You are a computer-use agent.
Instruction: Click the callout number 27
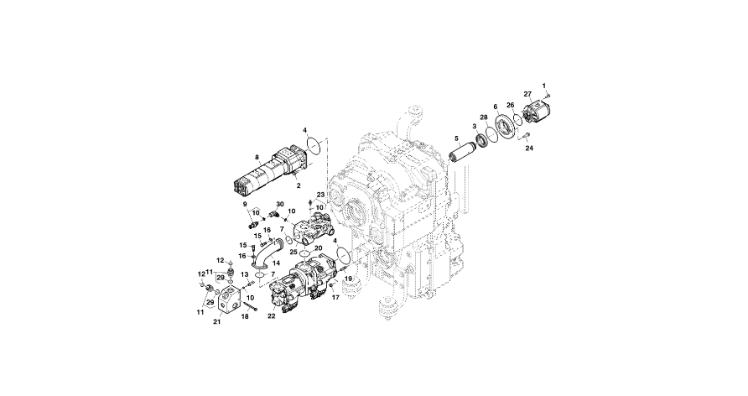pos(527,94)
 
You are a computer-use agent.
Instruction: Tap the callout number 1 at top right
pos(543,86)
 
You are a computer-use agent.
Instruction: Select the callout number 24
pos(529,148)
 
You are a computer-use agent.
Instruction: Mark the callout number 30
pos(280,204)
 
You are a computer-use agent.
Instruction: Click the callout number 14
pos(276,263)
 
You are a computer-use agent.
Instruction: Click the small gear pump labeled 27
pos(536,114)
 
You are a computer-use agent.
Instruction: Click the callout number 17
pos(332,297)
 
